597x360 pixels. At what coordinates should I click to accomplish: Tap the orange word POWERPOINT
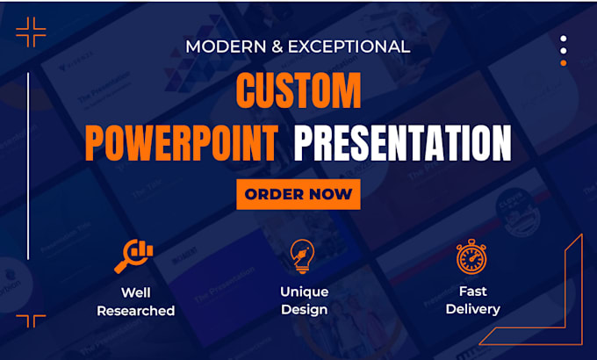(182, 143)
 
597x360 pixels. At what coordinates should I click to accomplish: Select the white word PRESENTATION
(403, 143)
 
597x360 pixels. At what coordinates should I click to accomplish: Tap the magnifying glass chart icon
(134, 255)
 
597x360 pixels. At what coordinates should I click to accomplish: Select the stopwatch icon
(471, 256)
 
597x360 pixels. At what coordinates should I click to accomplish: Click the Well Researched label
(135, 300)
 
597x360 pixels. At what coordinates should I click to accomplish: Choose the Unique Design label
(304, 299)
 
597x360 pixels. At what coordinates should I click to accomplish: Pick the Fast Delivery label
(472, 299)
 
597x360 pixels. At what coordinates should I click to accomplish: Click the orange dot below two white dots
(564, 63)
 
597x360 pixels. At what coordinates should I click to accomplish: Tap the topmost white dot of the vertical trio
(564, 39)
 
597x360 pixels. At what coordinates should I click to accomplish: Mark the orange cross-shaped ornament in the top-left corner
(32, 32)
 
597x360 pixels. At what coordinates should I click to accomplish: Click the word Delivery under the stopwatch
(472, 308)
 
